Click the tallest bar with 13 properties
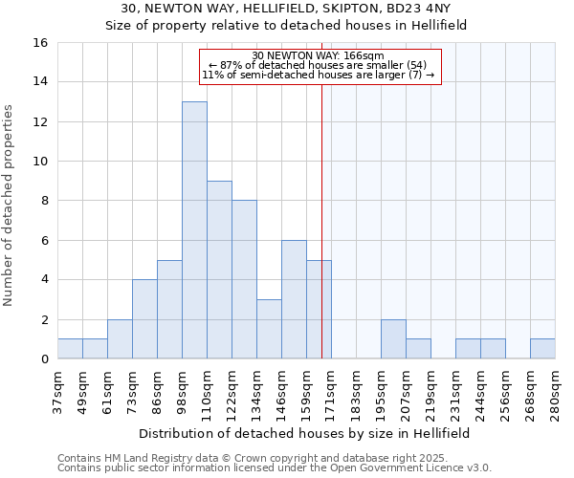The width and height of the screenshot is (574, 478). [x=194, y=229]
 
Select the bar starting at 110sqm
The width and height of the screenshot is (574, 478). [x=219, y=270]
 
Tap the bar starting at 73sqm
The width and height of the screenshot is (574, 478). [x=144, y=319]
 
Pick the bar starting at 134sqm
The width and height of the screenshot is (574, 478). [x=269, y=329]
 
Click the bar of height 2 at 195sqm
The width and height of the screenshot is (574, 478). [x=393, y=339]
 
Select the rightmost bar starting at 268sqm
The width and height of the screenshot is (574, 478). [x=542, y=349]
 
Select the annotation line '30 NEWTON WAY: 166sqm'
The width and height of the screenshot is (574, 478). [x=320, y=55]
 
